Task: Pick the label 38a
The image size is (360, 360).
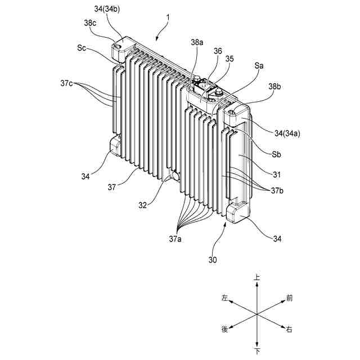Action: (x=197, y=42)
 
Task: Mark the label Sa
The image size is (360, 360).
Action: (x=259, y=66)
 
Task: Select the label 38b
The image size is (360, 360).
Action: (x=275, y=87)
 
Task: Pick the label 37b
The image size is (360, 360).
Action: (x=276, y=191)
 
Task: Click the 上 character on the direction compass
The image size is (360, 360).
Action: (x=257, y=278)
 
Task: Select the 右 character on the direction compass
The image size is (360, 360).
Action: (x=289, y=328)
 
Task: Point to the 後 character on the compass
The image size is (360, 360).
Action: (x=225, y=328)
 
